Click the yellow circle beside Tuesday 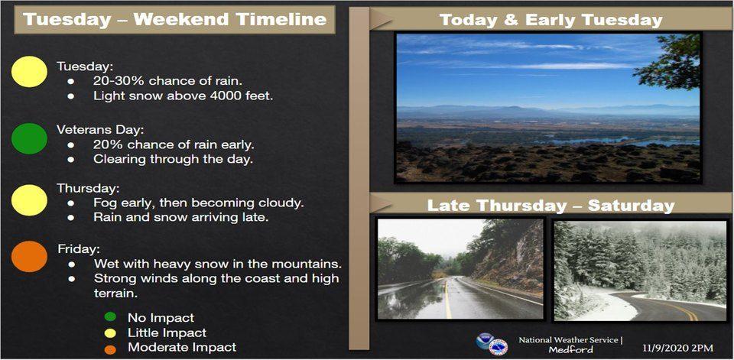point(29,72)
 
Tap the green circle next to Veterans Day point(29,138)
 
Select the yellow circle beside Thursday point(29,200)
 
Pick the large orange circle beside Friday point(29,257)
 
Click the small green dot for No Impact point(110,317)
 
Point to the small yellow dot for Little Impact point(110,332)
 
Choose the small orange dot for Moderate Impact point(110,349)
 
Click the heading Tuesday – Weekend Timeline point(174,19)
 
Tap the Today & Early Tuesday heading point(551,20)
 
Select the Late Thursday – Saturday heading point(551,206)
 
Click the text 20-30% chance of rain point(167,80)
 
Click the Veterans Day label point(86,128)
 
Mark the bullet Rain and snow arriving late point(180,218)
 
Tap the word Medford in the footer point(570,349)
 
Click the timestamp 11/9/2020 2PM point(678,348)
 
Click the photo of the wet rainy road point(460,269)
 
